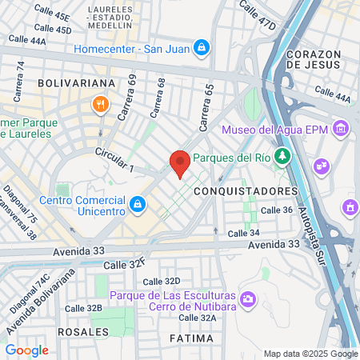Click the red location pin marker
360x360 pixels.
click(180, 163)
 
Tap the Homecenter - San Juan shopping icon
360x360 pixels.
click(203, 49)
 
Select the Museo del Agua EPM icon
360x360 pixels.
click(342, 129)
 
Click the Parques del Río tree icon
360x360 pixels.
click(281, 156)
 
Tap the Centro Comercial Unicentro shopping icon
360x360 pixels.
click(138, 204)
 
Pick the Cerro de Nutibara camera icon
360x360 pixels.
click(248, 299)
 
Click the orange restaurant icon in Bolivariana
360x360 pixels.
click(100, 103)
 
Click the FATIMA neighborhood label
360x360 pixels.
click(192, 338)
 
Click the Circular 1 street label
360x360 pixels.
click(114, 160)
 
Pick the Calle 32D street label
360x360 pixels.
click(161, 282)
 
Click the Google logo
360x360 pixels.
click(26, 350)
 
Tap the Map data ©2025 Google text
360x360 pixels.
click(310, 354)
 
